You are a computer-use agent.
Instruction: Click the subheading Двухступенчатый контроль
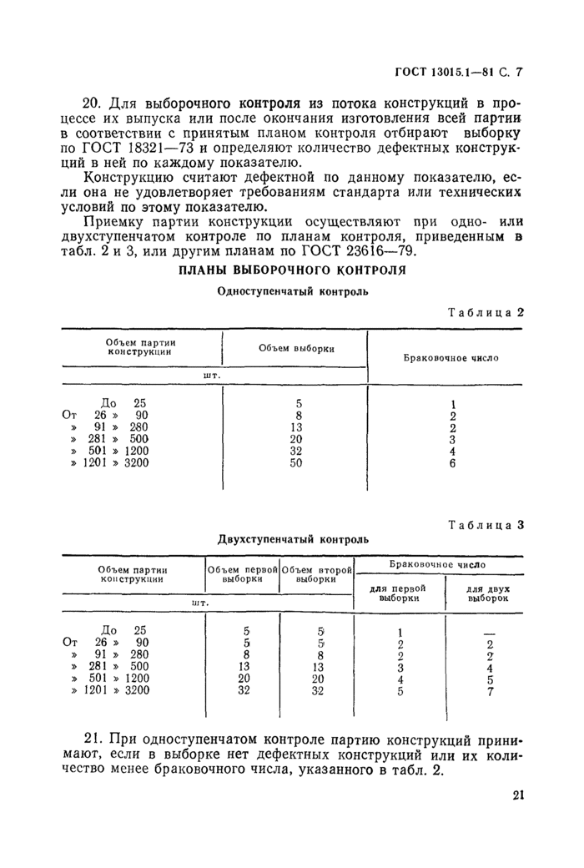click(293, 539)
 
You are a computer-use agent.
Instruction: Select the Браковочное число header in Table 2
click(451, 357)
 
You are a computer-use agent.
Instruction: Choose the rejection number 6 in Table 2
click(452, 463)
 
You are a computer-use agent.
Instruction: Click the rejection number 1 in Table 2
click(453, 404)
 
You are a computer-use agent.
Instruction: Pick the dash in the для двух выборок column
click(490, 632)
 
